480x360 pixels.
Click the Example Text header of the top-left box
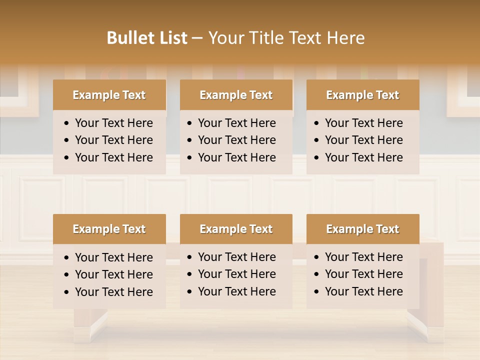[x=109, y=95]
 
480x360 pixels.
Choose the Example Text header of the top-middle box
[x=236, y=95]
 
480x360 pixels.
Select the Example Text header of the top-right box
[x=362, y=95]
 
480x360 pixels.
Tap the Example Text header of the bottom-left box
[x=109, y=229]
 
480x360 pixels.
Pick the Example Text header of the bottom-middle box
[x=236, y=229]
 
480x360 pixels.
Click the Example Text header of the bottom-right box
[x=362, y=229]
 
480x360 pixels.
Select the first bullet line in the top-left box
[x=113, y=123]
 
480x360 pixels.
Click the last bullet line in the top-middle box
[x=236, y=157]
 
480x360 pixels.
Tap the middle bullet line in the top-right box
[x=363, y=140]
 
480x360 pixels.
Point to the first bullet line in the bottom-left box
[x=113, y=257]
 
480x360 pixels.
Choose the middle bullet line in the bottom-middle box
[x=236, y=274]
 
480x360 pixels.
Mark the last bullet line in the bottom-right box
[x=363, y=291]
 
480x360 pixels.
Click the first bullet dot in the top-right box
[x=316, y=123]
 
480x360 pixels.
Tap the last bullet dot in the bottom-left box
[x=67, y=292]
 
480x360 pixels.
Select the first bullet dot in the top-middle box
[x=189, y=123]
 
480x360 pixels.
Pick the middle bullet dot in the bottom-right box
[x=316, y=274]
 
